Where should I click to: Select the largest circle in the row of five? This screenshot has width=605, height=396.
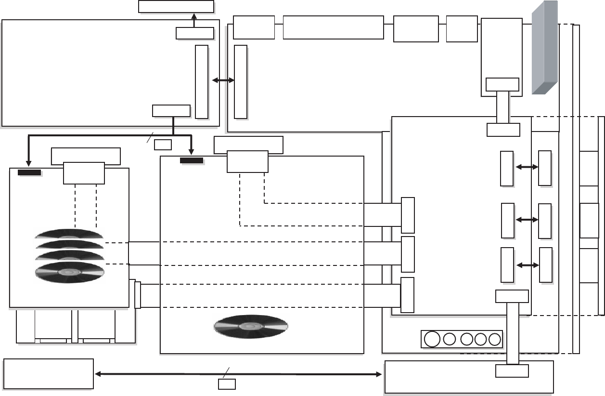click(x=432, y=339)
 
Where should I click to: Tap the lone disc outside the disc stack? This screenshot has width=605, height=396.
click(x=251, y=327)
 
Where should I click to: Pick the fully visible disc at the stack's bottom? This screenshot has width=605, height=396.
click(x=70, y=272)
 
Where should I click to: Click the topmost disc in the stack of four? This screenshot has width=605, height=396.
click(x=70, y=234)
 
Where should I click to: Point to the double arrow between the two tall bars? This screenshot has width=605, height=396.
click(x=223, y=81)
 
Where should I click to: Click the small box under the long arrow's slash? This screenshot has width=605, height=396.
click(x=227, y=384)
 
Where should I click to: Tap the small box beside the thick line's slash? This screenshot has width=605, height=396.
click(x=163, y=144)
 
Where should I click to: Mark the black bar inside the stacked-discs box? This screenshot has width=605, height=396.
click(x=29, y=172)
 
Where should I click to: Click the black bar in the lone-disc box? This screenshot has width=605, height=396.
click(x=192, y=160)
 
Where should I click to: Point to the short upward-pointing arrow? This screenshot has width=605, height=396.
click(x=194, y=20)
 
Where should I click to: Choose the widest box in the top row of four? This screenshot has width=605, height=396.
click(x=333, y=27)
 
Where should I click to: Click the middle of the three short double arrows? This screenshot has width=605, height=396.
click(x=527, y=220)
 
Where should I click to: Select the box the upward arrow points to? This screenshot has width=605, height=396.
click(x=176, y=6)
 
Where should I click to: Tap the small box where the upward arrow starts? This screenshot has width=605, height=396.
click(x=194, y=33)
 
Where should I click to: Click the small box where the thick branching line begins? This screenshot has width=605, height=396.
click(x=171, y=111)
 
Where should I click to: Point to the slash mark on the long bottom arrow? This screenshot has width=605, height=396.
click(x=226, y=370)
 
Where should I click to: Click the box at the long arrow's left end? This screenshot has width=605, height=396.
click(x=48, y=373)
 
